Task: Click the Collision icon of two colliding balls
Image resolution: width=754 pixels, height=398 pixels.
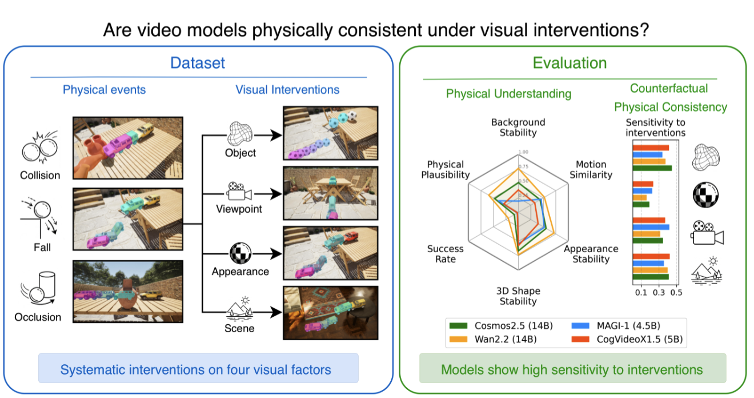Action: [40, 148]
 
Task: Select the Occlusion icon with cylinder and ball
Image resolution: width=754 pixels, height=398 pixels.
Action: [38, 288]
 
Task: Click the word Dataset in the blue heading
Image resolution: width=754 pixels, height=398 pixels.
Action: [198, 63]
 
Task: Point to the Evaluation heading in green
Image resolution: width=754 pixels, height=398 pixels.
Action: [569, 63]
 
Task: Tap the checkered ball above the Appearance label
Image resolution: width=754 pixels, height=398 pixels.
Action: [240, 253]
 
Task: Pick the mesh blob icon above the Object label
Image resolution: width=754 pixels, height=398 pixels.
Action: [240, 133]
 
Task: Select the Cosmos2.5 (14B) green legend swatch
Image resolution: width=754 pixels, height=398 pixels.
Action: [458, 326]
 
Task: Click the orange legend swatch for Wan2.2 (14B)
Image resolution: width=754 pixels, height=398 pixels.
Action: [458, 339]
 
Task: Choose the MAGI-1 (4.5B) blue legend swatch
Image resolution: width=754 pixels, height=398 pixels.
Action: [580, 326]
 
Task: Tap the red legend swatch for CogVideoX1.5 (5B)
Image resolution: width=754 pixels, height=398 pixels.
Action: [580, 339]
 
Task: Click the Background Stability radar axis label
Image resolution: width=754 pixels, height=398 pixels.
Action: [518, 128]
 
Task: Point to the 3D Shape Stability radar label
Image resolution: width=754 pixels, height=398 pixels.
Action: [518, 296]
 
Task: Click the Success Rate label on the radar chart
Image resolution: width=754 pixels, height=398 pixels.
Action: [446, 254]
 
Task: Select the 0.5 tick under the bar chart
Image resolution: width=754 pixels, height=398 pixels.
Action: [676, 293]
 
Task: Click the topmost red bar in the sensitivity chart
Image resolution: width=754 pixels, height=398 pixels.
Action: [651, 148]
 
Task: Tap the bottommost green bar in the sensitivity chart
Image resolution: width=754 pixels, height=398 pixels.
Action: [651, 277]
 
